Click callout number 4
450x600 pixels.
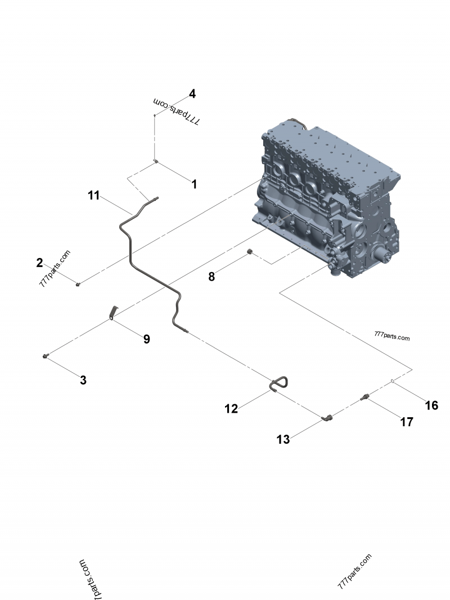192,94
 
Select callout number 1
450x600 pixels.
195,184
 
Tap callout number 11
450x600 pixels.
94,196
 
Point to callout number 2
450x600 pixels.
39,263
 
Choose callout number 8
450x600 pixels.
211,277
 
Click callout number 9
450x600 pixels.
147,339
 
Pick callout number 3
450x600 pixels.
83,380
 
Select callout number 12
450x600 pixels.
231,409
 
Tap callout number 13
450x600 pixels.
283,440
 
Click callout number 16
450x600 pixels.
431,405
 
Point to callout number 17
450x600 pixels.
407,422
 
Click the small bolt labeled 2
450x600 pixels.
78,284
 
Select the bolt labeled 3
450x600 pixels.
45,357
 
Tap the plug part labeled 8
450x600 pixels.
250,251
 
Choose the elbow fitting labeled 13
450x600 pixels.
327,417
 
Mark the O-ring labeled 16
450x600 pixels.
393,381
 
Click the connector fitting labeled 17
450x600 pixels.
364,398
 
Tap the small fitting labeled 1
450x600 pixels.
156,161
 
